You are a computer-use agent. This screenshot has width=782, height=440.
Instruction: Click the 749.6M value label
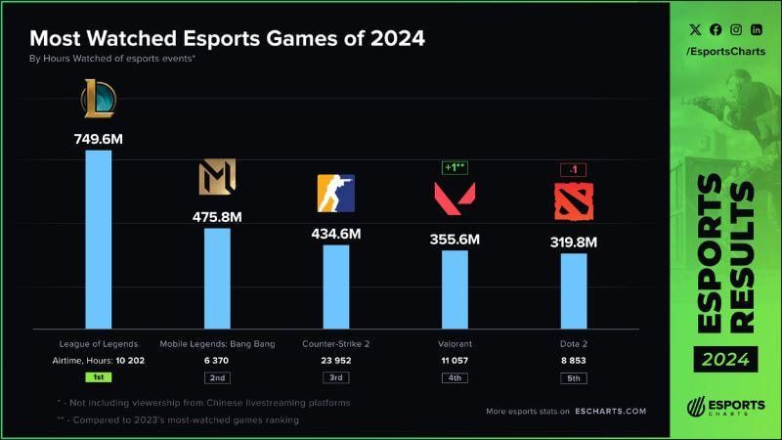click(x=98, y=139)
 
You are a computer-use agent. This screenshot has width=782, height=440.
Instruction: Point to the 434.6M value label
click(x=336, y=234)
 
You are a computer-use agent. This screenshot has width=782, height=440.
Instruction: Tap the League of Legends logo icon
click(x=98, y=99)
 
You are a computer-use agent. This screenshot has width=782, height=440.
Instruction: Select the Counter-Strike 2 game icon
click(x=336, y=194)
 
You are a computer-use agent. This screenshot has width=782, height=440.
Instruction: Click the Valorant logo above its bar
click(x=455, y=198)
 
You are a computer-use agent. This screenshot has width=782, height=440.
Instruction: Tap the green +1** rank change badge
click(x=455, y=167)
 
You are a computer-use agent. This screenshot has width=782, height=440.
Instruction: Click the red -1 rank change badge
click(x=574, y=169)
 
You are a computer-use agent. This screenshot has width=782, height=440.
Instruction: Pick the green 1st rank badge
click(x=98, y=376)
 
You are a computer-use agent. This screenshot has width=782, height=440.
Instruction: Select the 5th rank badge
click(x=574, y=376)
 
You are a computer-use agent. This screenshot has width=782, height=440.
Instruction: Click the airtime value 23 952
click(x=336, y=360)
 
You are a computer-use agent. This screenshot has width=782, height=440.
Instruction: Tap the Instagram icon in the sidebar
click(x=736, y=30)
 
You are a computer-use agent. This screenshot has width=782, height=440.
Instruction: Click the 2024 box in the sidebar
click(x=726, y=359)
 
